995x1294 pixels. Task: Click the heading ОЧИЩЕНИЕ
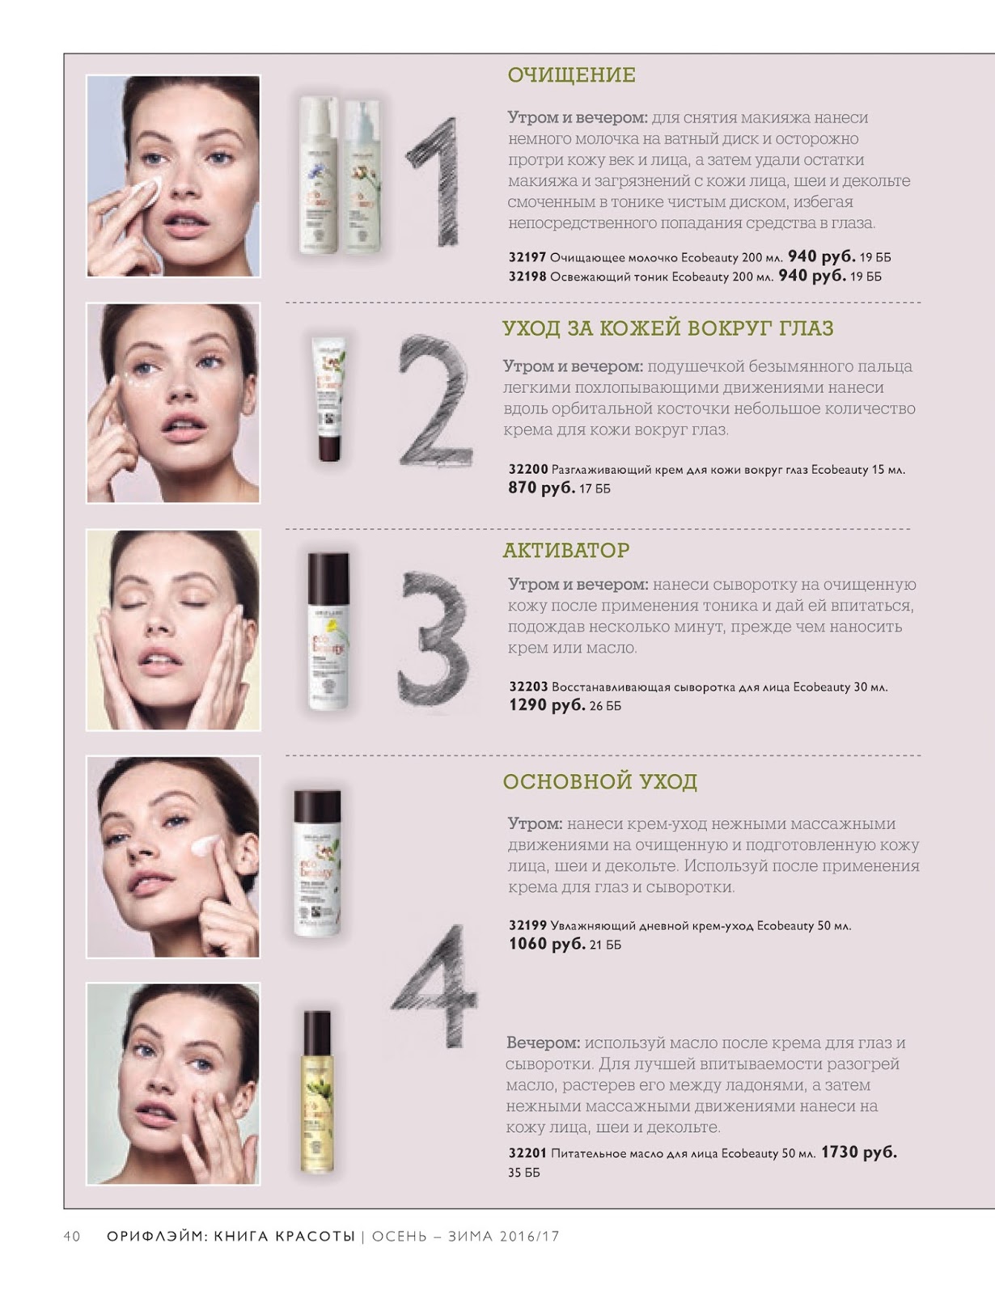point(571,75)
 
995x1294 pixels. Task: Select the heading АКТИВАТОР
point(565,550)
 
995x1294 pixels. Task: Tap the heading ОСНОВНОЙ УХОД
point(599,780)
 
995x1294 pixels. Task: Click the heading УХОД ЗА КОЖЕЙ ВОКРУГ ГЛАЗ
point(668,328)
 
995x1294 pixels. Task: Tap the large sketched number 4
point(434,986)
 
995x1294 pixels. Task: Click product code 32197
point(527,257)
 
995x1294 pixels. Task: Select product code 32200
point(527,469)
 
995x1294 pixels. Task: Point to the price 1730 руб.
point(858,1152)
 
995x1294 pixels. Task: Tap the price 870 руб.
point(542,488)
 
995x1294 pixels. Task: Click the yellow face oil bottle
point(317,1092)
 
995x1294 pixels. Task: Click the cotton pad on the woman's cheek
point(145,191)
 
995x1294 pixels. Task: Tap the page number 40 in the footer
point(71,1237)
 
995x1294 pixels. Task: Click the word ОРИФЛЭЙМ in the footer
point(157,1237)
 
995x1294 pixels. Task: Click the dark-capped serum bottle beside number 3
point(328,631)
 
